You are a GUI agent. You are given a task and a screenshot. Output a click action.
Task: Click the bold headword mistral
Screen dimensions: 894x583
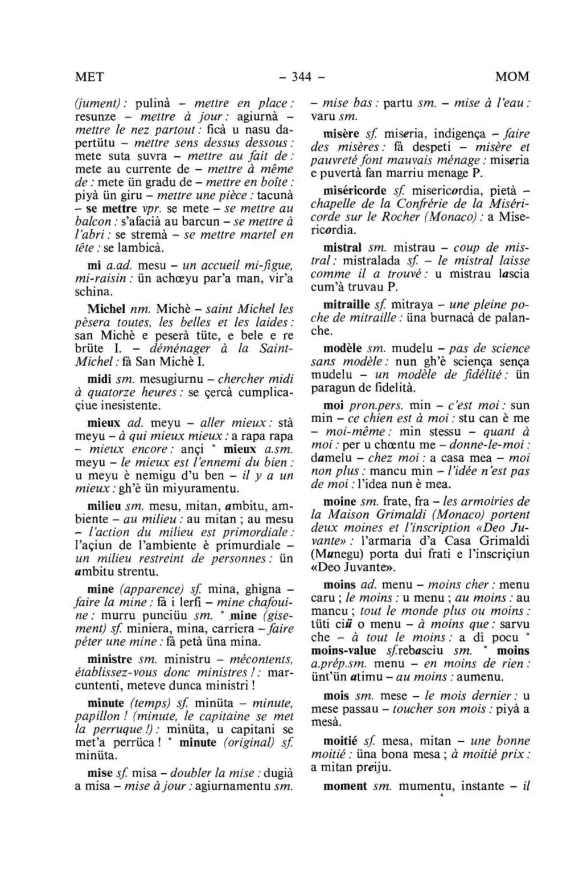[343, 248]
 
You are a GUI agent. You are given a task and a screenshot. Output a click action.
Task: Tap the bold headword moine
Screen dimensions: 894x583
[340, 501]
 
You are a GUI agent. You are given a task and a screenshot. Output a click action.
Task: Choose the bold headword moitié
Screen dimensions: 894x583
[340, 741]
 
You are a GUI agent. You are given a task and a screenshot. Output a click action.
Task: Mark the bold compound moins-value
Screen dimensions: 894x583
[344, 651]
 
